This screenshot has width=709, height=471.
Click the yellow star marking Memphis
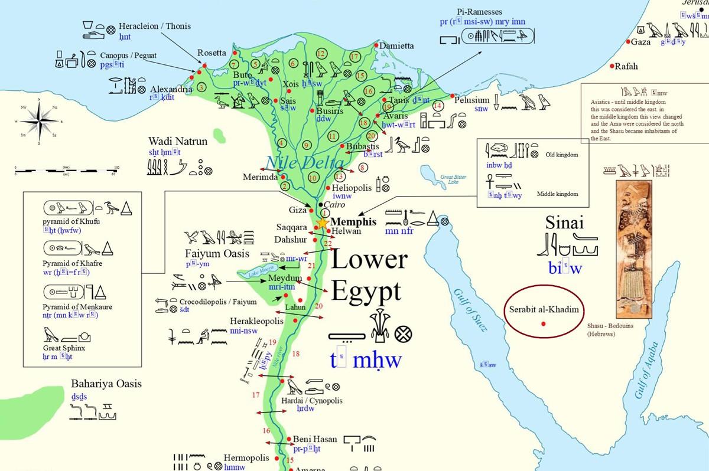[x=322, y=223]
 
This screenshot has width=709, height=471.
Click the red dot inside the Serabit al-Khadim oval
[x=543, y=323]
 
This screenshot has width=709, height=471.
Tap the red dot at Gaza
[x=627, y=42]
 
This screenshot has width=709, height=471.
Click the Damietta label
[x=396, y=46]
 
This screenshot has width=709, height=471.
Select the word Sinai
[x=565, y=223]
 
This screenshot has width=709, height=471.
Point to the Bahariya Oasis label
[x=106, y=384]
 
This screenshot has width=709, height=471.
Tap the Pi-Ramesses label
[x=483, y=12]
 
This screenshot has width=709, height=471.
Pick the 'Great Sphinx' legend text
[x=65, y=348]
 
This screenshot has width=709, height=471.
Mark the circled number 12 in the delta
[x=321, y=54]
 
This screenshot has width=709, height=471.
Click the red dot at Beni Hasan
[x=288, y=440]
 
